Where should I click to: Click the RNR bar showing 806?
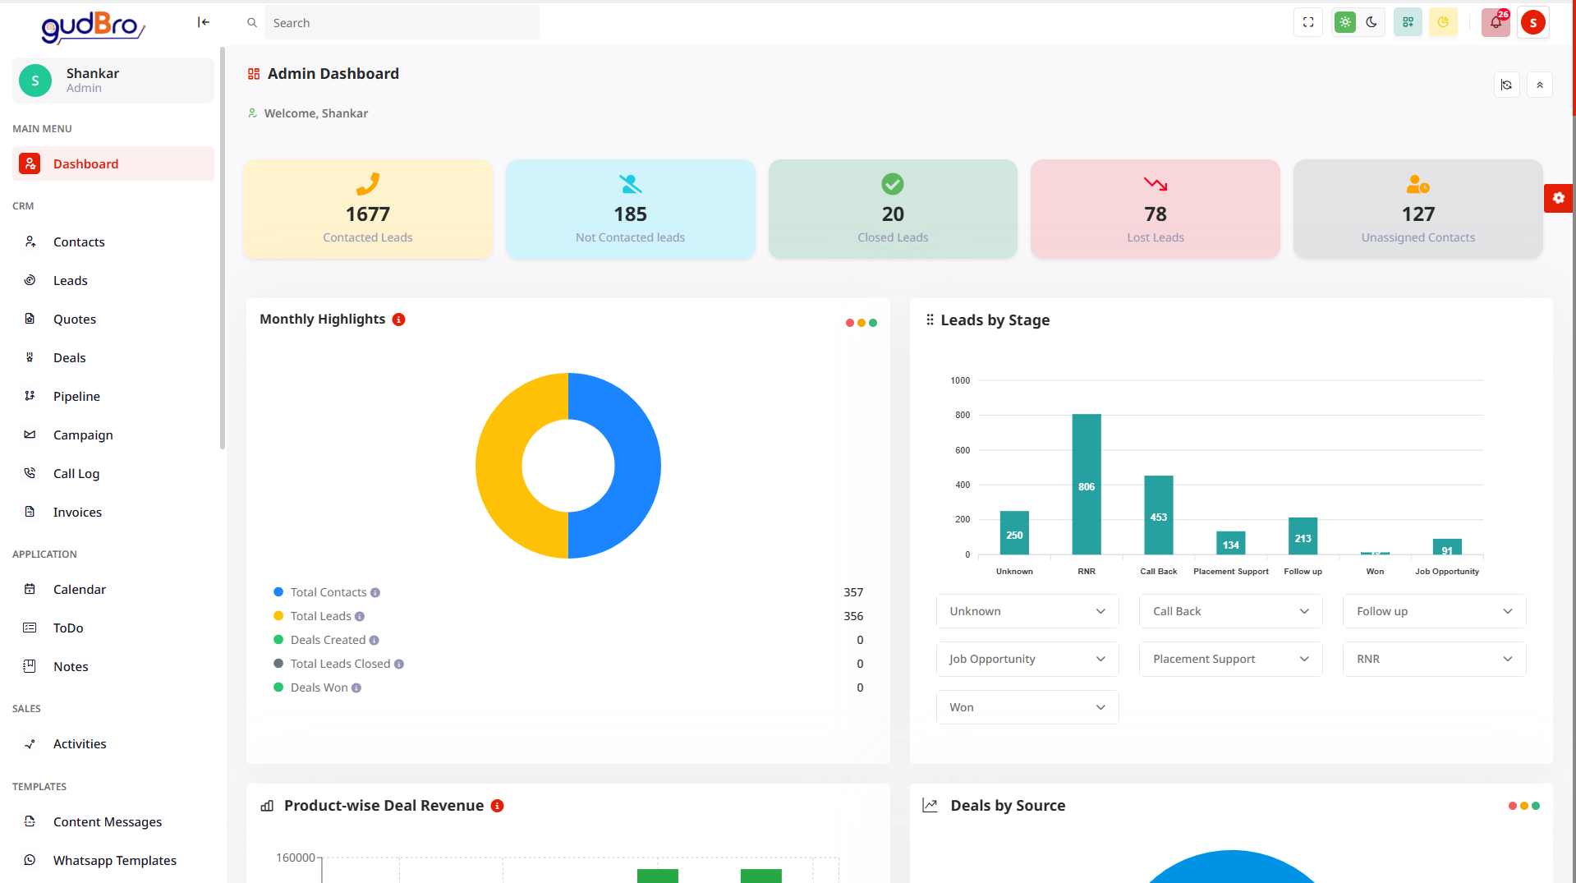pos(1086,484)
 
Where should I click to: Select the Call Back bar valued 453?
pos(1158,515)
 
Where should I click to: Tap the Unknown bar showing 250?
pos(1014,533)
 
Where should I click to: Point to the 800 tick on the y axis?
pos(962,415)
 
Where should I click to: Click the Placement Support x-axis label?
pos(1230,572)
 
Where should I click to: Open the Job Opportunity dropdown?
pos(1027,659)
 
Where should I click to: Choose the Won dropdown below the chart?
pos(1027,707)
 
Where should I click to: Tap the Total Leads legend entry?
pos(320,616)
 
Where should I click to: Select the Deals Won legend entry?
pos(319,688)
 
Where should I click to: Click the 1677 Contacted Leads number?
pos(367,214)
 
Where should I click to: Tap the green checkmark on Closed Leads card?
pos(893,184)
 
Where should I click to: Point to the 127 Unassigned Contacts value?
pos(1417,214)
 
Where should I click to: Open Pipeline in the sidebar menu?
pos(76,396)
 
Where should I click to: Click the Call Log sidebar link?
pos(76,473)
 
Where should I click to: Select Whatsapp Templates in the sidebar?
pos(114,860)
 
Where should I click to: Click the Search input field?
pos(401,23)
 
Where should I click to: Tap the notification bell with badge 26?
pos(1496,22)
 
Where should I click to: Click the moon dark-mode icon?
pos(1372,22)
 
